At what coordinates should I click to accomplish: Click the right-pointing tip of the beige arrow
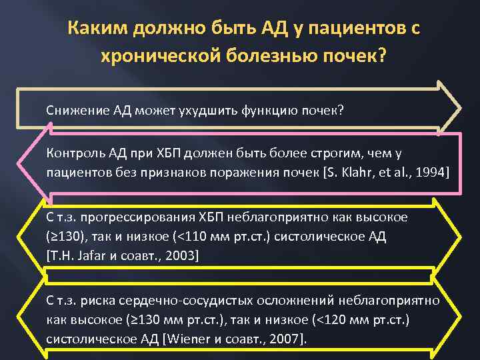pyautogui.click(x=459, y=107)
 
